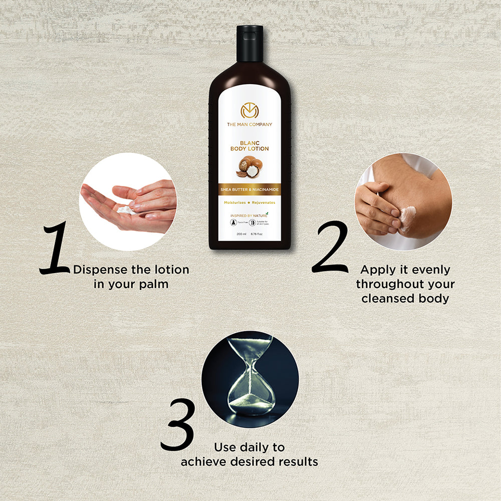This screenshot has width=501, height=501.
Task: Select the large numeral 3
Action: (x=177, y=424)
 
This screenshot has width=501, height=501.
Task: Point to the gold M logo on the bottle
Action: (x=249, y=110)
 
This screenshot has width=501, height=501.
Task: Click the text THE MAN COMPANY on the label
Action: (x=249, y=124)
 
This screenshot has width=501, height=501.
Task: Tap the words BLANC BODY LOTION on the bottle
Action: (x=249, y=146)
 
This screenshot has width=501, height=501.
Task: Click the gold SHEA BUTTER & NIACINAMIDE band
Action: (x=249, y=189)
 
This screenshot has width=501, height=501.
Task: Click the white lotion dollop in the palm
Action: (x=126, y=210)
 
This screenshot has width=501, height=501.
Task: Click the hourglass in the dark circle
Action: (x=250, y=376)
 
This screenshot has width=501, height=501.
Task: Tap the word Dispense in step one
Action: (x=100, y=270)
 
